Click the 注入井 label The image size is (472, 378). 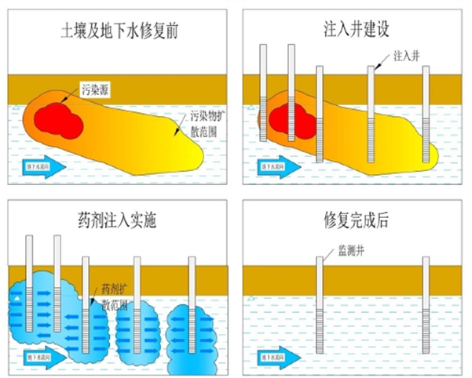406,57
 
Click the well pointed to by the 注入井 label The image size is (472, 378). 371,114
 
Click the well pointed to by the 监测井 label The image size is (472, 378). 320,306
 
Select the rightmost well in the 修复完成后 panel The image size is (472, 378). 425,306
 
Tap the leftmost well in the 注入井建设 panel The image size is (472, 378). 263,94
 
